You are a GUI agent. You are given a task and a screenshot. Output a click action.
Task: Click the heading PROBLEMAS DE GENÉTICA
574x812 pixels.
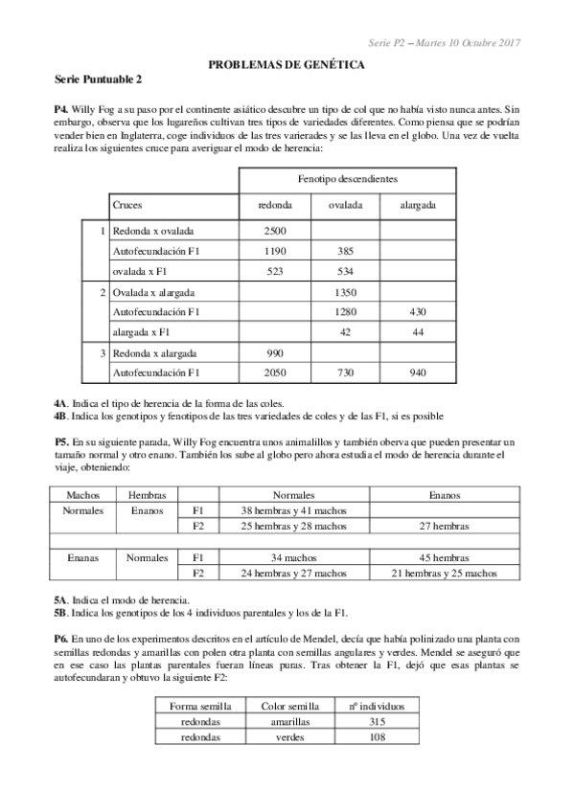click(x=287, y=64)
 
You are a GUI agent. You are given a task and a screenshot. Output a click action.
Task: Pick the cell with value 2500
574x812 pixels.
click(x=275, y=231)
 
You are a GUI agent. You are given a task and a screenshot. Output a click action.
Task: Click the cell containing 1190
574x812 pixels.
click(x=275, y=251)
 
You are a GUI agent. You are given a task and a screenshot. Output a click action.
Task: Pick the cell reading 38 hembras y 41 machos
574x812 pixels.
click(x=293, y=510)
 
